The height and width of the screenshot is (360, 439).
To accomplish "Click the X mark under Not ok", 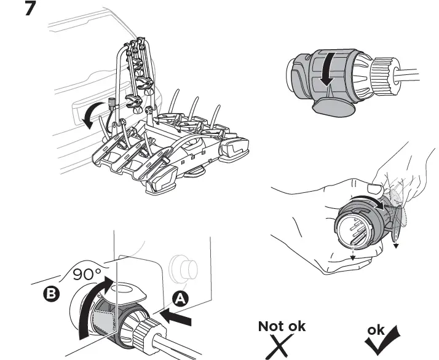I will pyautogui.click(x=280, y=346).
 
